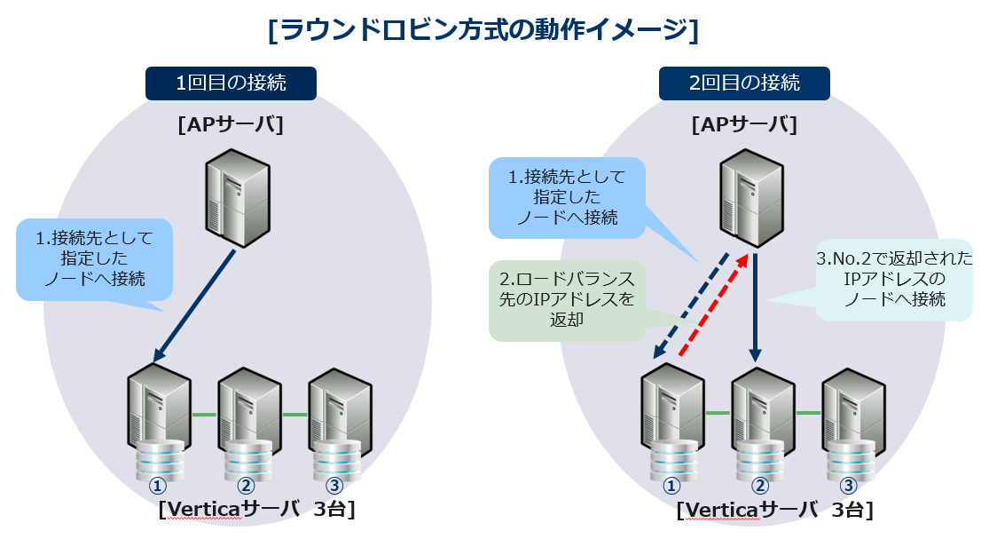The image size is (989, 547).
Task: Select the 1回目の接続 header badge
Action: tap(231, 83)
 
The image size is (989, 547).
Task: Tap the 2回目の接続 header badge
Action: tap(744, 83)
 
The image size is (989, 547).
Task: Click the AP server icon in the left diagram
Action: tap(237, 197)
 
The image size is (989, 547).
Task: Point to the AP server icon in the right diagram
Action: tap(750, 197)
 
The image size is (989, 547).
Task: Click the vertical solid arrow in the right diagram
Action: tap(755, 306)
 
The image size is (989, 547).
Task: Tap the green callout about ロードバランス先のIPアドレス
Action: tap(568, 301)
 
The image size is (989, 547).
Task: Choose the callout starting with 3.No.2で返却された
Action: tap(894, 280)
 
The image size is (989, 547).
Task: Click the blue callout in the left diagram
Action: tap(94, 258)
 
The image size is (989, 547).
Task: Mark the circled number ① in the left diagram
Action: tap(158, 486)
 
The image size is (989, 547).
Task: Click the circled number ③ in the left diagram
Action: tap(334, 486)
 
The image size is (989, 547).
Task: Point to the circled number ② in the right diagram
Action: tap(759, 486)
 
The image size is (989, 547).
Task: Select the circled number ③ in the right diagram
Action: tap(848, 486)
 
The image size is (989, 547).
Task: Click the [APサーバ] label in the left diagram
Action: tap(231, 125)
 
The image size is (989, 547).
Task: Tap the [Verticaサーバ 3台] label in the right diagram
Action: tap(774, 511)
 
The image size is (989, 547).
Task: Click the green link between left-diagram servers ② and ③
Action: tap(294, 415)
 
